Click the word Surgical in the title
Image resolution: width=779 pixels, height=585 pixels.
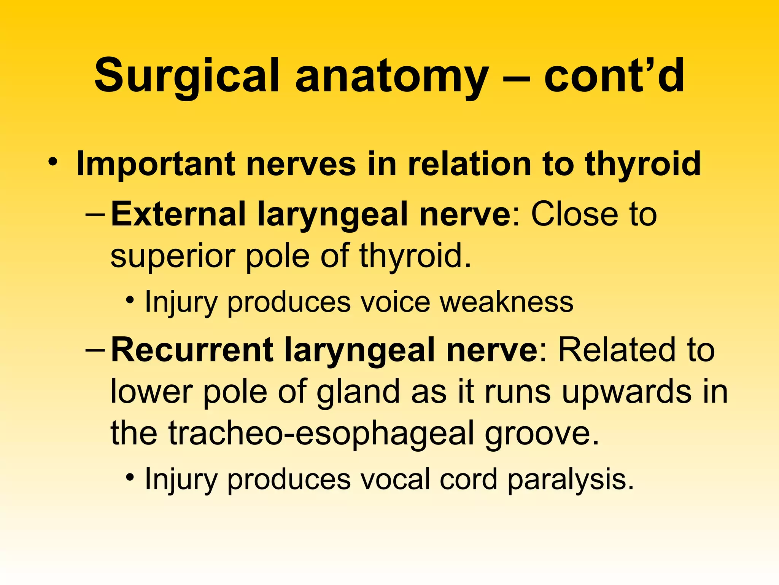pyautogui.click(x=186, y=76)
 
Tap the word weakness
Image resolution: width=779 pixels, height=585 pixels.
pyautogui.click(x=506, y=302)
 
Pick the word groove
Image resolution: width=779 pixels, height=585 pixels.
pyautogui.click(x=542, y=433)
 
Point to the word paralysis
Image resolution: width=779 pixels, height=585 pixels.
pyautogui.click(x=571, y=479)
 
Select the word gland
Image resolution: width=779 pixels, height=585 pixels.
pyautogui.click(x=358, y=392)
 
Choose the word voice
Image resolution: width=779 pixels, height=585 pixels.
pyautogui.click(x=394, y=302)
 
